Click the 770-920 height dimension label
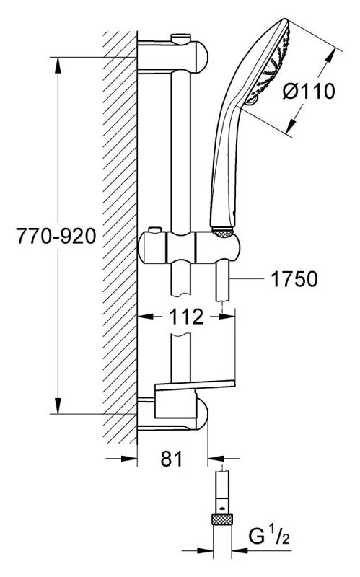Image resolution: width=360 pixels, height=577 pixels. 56,236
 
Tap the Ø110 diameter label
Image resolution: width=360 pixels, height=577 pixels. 309,91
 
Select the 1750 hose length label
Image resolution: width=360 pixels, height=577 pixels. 294,279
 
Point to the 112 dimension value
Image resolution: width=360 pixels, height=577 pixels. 186,317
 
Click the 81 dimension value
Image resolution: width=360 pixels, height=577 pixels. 172,459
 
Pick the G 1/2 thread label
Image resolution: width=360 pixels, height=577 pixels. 269,536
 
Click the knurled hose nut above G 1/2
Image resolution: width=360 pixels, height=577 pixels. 222,519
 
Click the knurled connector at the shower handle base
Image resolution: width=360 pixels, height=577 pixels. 223,232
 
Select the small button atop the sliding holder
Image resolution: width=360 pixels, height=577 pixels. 154,230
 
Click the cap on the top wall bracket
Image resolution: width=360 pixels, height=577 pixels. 181,38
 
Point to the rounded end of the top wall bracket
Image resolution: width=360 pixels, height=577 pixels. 201,58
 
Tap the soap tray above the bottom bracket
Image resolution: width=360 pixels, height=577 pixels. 195,385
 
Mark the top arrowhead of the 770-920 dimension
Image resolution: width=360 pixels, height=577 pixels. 58,65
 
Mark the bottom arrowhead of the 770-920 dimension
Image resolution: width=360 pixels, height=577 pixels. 58,405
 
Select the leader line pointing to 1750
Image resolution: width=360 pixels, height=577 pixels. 247,278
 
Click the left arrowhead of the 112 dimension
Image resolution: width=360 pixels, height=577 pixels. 145,316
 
